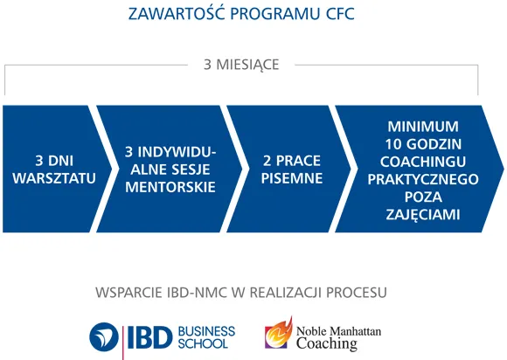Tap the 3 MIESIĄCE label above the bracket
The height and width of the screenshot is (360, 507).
pyautogui.click(x=241, y=65)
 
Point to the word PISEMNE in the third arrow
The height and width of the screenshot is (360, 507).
pyautogui.click(x=292, y=178)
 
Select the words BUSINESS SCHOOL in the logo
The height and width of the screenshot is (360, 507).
pyautogui.click(x=206, y=336)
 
